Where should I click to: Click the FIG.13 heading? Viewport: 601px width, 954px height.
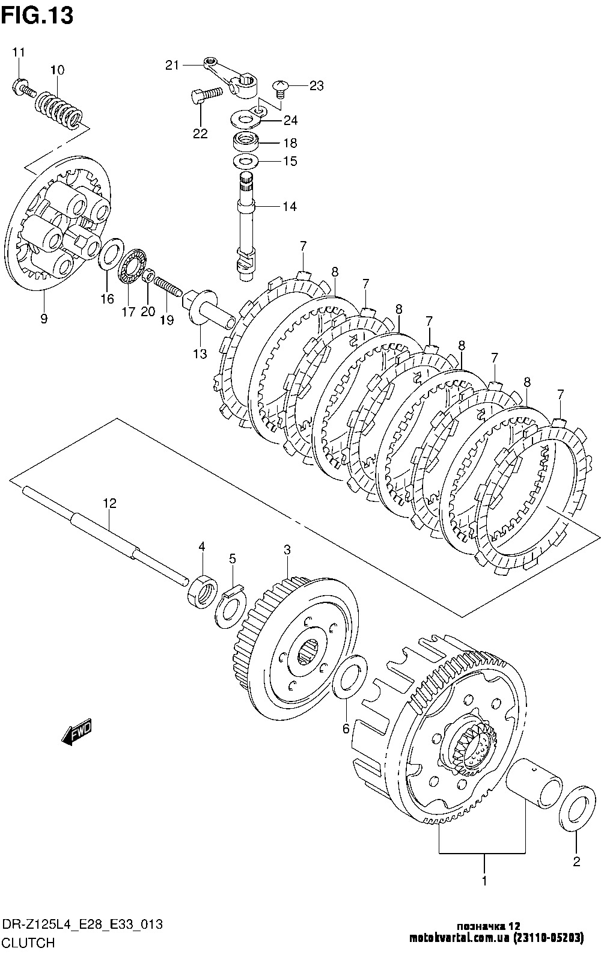tap(37, 16)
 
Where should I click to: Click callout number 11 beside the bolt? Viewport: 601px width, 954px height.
tap(18, 52)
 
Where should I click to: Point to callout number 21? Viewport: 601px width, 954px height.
tap(172, 65)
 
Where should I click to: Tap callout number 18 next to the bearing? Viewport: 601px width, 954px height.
tap(290, 142)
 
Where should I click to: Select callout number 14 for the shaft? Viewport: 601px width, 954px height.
tap(290, 207)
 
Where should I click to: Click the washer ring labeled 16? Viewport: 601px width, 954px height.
tap(111, 255)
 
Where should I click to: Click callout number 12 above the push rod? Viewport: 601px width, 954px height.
tap(109, 503)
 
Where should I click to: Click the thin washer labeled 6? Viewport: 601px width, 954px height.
tap(350, 677)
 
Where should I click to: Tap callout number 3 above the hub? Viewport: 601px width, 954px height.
tap(287, 550)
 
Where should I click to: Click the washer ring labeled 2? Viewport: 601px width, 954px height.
tap(577, 809)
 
